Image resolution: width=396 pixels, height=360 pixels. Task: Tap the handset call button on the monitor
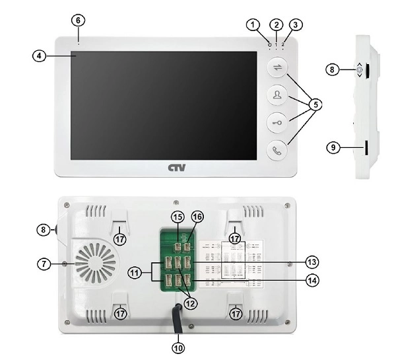277,151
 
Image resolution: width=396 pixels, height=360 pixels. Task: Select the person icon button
277,95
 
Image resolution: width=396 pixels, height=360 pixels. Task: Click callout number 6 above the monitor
78,20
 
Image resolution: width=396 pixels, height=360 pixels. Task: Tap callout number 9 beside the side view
335,149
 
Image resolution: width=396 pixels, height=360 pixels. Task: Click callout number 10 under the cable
179,345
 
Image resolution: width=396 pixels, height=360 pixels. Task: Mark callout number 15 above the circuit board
177,217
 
